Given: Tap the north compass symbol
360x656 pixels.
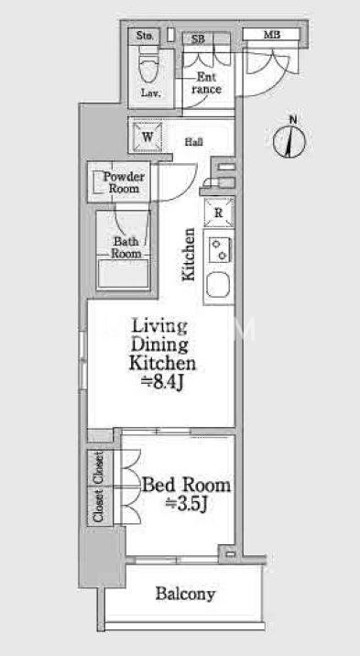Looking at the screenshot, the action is pyautogui.click(x=289, y=138).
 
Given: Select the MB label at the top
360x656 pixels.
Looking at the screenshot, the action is pyautogui.click(x=271, y=35).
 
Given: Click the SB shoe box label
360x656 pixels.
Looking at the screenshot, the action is pyautogui.click(x=198, y=39).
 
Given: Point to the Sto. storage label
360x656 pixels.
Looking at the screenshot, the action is pyautogui.click(x=146, y=36).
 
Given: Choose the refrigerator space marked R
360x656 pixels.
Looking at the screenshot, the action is pyautogui.click(x=219, y=213).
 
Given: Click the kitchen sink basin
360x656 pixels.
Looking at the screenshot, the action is pyautogui.click(x=218, y=285).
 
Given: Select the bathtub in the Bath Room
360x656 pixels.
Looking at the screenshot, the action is pyautogui.click(x=123, y=273).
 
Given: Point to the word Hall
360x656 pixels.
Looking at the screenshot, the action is pyautogui.click(x=194, y=142).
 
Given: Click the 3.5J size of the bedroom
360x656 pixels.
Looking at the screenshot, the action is pyautogui.click(x=187, y=504).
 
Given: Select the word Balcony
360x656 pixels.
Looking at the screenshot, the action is pyautogui.click(x=186, y=594).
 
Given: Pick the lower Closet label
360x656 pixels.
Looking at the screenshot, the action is pyautogui.click(x=99, y=506).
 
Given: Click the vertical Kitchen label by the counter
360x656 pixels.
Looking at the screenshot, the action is pyautogui.click(x=189, y=254).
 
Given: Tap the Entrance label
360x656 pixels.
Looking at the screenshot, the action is pyautogui.click(x=206, y=82).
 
